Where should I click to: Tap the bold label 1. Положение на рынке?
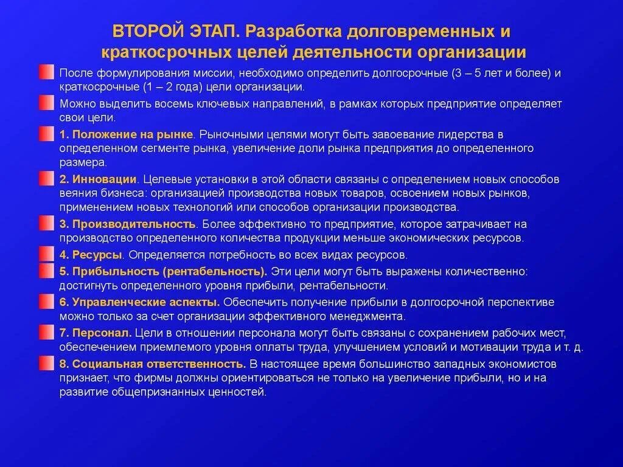click(127, 134)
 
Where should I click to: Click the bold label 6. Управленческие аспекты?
click(139, 302)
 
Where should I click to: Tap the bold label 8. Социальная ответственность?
click(153, 364)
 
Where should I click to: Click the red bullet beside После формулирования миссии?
click(46, 72)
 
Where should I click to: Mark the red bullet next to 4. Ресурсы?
click(46, 254)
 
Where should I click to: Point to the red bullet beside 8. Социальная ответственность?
click(46, 364)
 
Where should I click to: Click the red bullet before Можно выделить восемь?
click(46, 103)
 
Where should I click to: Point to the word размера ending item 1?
click(83, 162)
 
